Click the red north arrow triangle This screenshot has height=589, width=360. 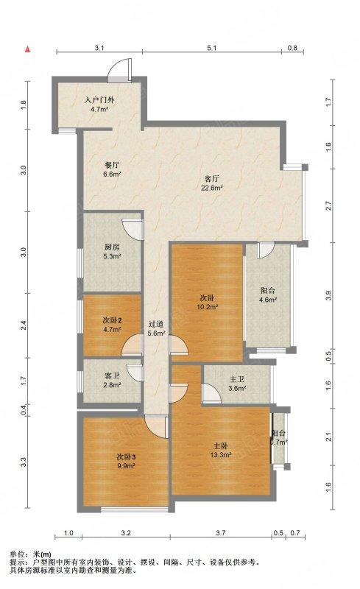pyautogui.click(x=27, y=49)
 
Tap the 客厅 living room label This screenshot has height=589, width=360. pyautogui.click(x=211, y=179)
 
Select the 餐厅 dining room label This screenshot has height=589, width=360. pyautogui.click(x=112, y=165)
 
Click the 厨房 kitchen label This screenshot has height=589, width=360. pyautogui.click(x=112, y=247)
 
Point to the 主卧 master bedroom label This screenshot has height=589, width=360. pyautogui.click(x=221, y=446)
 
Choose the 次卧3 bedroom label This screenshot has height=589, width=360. pyautogui.click(x=126, y=456)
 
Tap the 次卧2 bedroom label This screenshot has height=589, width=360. pyautogui.click(x=112, y=320)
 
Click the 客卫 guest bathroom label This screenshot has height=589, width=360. pyautogui.click(x=112, y=375)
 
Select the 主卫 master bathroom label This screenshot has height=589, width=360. pyautogui.click(x=237, y=379)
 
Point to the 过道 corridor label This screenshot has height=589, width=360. pyautogui.click(x=155, y=324)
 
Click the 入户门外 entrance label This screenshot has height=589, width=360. pyautogui.click(x=99, y=100)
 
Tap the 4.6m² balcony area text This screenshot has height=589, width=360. pyautogui.click(x=268, y=300)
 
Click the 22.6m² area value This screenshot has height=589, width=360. pyautogui.click(x=212, y=188)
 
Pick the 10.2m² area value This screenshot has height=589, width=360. pyautogui.click(x=208, y=307)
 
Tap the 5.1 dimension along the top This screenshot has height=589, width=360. pyautogui.click(x=212, y=48)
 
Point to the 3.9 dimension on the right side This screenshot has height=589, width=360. pyautogui.click(x=329, y=296)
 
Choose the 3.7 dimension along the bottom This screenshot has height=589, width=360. pyautogui.click(x=221, y=532)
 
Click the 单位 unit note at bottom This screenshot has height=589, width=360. pyautogui.click(x=18, y=554)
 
